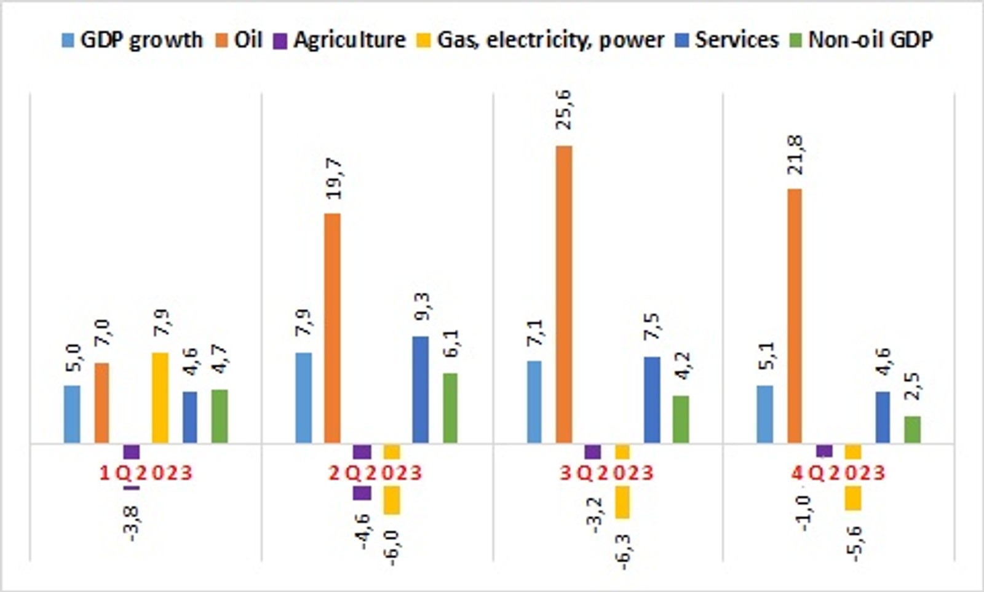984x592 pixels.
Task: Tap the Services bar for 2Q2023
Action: pos(421,389)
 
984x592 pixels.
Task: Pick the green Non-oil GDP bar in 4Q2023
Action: pos(913,429)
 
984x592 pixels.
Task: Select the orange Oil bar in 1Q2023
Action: pos(101,403)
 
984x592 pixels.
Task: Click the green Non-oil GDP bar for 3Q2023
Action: pos(681,419)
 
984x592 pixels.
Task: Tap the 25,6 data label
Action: pos(563,109)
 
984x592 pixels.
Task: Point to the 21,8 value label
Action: pos(795,155)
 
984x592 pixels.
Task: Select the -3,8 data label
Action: pos(132,523)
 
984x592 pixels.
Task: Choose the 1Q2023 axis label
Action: pos(146,473)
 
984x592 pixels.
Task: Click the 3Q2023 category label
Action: pos(606,473)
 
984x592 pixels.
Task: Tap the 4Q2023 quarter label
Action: pos(838,473)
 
